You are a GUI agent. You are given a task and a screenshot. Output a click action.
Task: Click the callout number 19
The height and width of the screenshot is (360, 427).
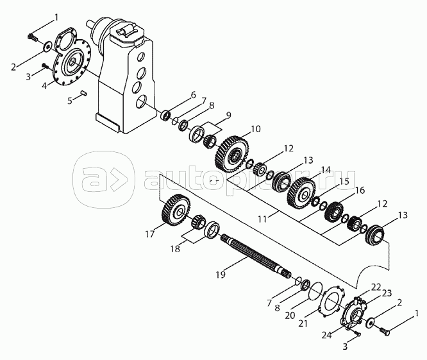point(221,275)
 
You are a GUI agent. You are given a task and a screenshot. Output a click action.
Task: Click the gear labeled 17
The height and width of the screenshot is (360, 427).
point(174,210)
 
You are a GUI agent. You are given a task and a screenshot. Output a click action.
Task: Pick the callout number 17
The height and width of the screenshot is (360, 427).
point(150,234)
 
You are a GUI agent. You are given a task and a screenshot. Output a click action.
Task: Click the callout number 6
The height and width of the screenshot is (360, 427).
point(192,95)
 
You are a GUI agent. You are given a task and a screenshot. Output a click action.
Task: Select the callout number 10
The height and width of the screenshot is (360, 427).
point(256,130)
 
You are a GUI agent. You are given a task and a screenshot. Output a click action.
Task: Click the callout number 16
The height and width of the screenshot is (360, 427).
point(359,191)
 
